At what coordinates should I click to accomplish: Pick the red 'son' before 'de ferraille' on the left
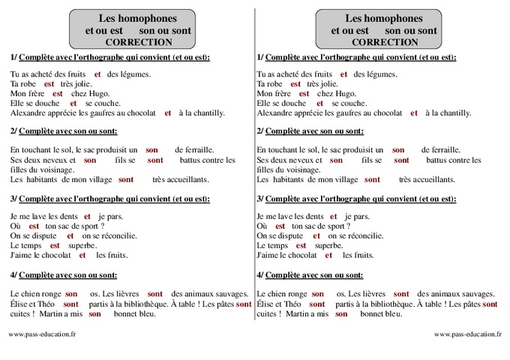point(151,151)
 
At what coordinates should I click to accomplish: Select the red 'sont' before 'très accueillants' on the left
point(126,180)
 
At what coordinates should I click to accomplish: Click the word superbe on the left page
point(81,245)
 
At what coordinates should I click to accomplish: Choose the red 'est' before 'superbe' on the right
point(301,245)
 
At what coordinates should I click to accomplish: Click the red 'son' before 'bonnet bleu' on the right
point(341,314)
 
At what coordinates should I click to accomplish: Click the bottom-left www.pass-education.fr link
point(42,334)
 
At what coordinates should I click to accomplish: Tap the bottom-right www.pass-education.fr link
point(468,334)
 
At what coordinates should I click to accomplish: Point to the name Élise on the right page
point(267,304)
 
